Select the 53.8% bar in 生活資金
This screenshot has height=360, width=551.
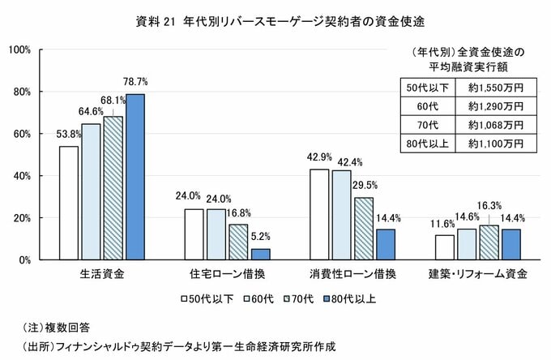coord(69,203)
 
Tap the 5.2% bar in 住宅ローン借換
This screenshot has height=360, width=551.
coord(260,254)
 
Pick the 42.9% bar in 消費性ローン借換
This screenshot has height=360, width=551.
coord(320,214)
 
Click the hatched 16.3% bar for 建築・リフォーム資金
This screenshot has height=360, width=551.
coord(489,242)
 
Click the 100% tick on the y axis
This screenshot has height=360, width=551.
coord(19,49)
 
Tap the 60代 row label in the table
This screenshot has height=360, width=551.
coord(423,105)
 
